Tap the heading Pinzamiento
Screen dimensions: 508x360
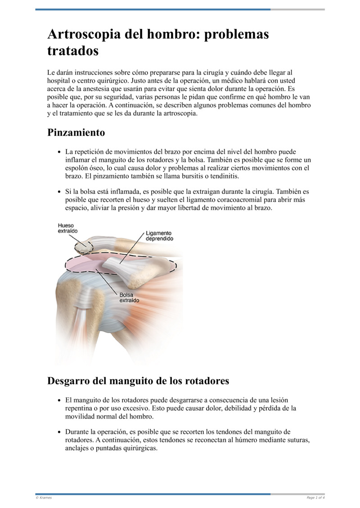(x=76, y=133)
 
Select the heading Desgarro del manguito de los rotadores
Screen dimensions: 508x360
(x=138, y=381)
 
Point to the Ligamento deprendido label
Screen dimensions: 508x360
(x=159, y=236)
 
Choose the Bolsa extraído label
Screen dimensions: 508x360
(x=129, y=298)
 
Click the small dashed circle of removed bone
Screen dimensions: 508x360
(x=83, y=245)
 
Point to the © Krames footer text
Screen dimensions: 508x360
(x=44, y=497)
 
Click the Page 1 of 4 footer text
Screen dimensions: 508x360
(x=315, y=497)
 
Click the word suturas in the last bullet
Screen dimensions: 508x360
(x=298, y=440)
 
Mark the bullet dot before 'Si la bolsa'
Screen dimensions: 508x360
(x=59, y=192)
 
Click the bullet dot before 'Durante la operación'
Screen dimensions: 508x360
(x=59, y=432)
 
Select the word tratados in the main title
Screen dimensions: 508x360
(x=73, y=51)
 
